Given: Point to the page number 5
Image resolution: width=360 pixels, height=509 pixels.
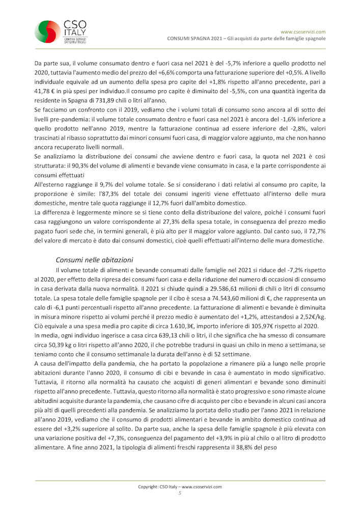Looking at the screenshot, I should click(x=180, y=493).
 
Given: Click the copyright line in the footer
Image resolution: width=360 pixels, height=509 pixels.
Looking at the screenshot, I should click(x=180, y=487).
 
